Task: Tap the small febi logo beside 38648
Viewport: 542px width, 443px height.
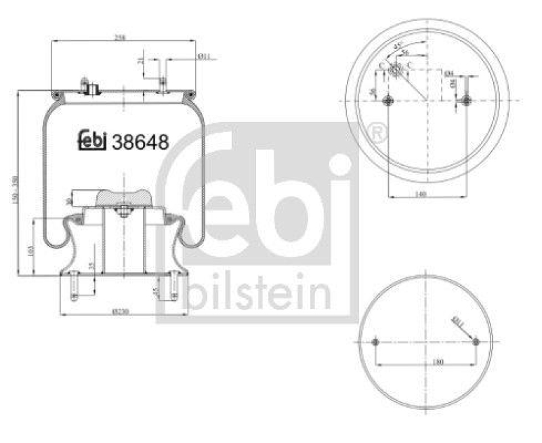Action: tap(93, 140)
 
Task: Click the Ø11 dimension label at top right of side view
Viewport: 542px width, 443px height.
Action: tap(205, 57)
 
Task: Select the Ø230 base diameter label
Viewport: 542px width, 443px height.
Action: tap(123, 312)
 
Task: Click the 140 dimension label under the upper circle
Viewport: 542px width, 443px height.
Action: tap(421, 194)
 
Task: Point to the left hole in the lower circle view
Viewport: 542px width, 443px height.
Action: tap(375, 341)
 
